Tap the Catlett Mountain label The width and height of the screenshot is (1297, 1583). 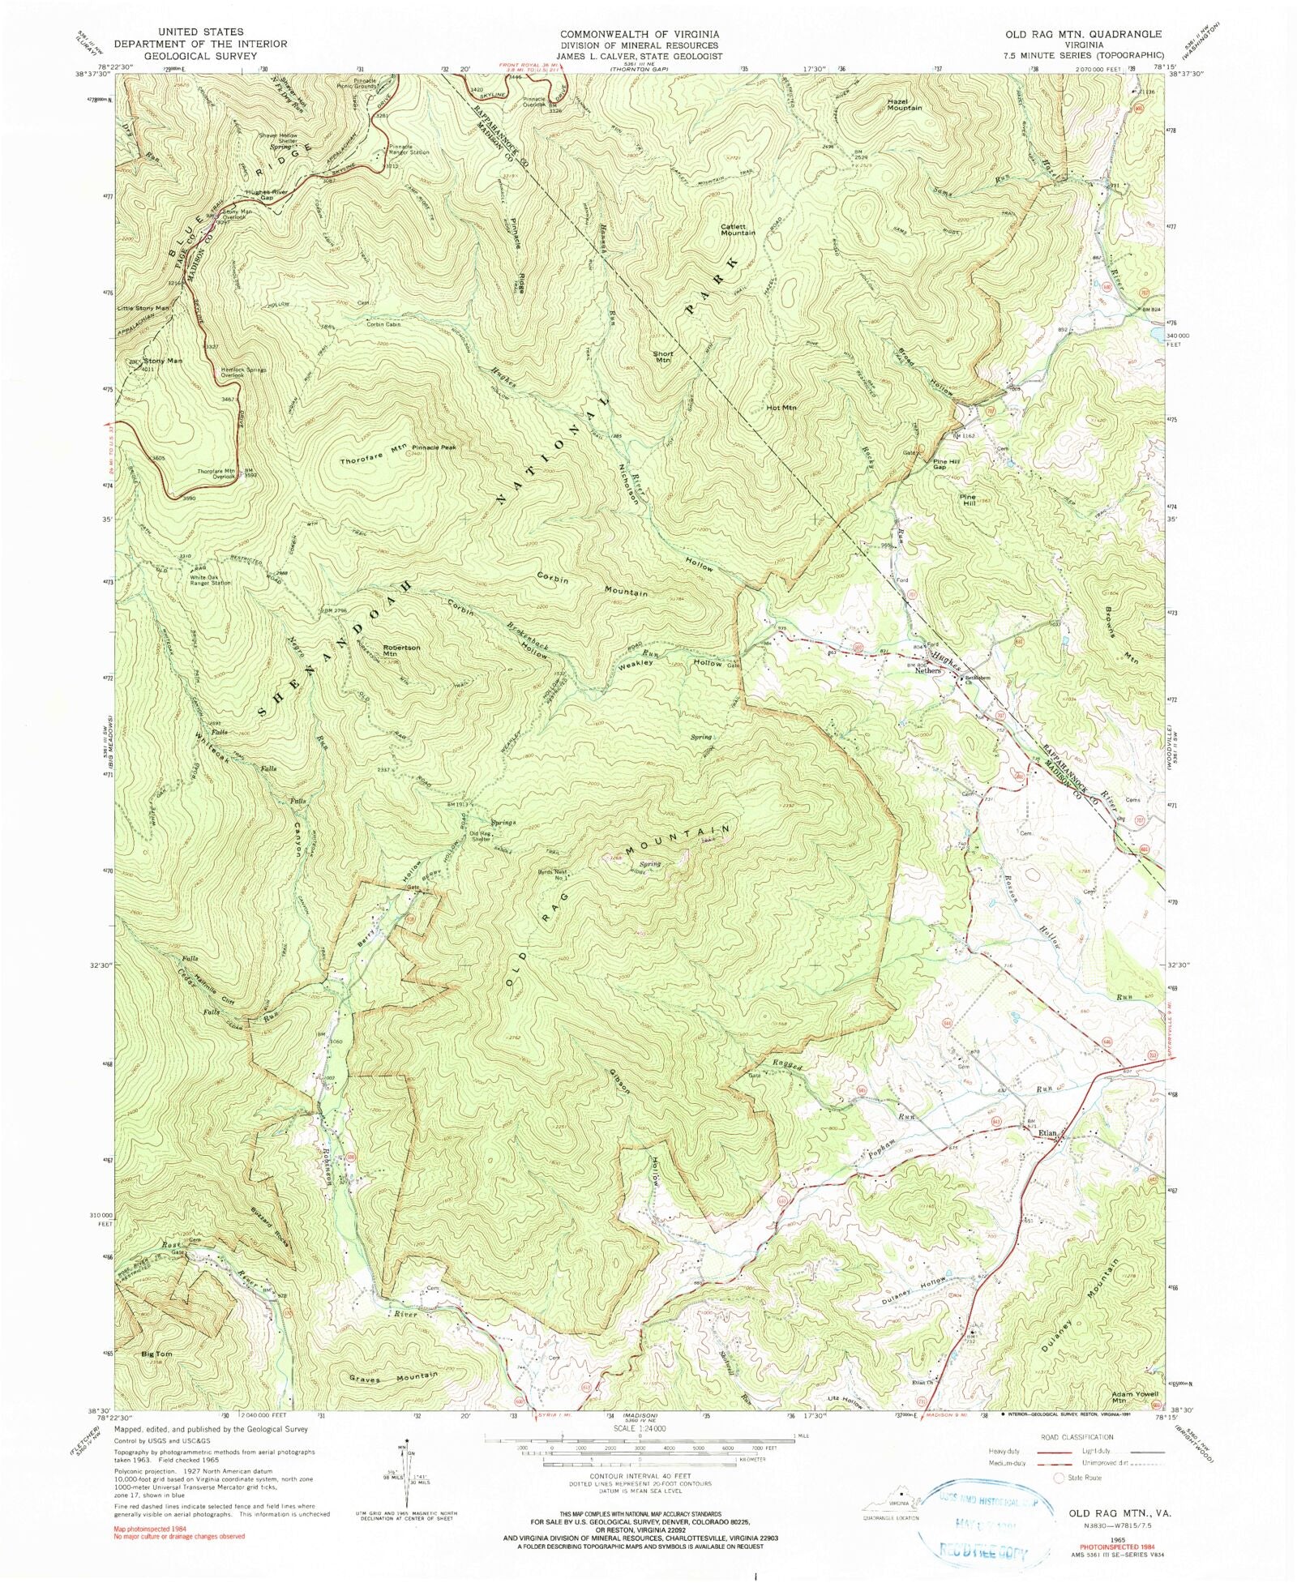[x=738, y=229]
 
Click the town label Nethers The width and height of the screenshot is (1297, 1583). [x=928, y=670]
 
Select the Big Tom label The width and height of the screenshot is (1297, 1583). [x=156, y=1354]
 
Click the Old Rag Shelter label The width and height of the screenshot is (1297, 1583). [x=481, y=836]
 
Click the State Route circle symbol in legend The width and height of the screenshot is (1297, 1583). [x=1059, y=1478]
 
